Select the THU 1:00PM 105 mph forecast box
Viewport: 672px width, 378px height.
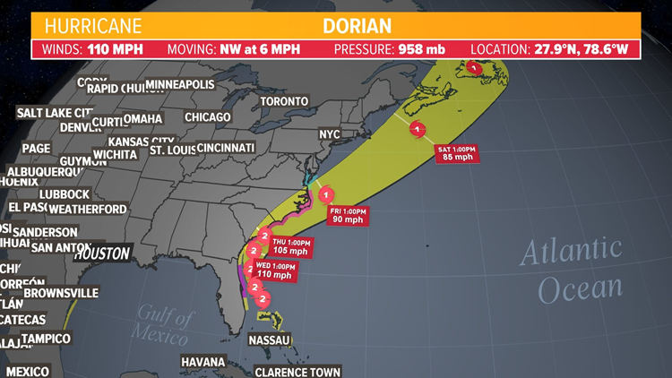tap(292, 246)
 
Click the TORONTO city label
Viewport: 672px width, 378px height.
tap(284, 101)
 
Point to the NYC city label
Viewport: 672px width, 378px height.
tap(330, 134)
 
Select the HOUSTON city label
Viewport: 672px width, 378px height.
tap(102, 254)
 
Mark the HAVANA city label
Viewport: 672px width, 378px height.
tap(202, 362)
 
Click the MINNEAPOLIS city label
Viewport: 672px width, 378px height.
tap(179, 84)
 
